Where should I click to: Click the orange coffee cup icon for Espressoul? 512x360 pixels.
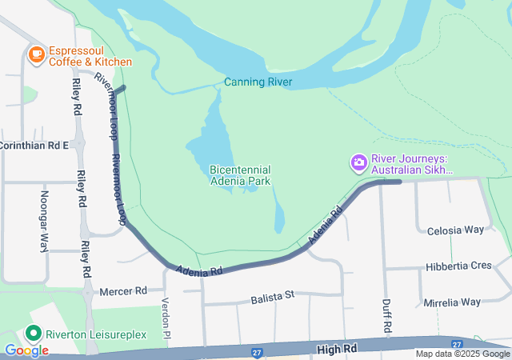(36, 54)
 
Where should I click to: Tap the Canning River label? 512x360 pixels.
(258, 82)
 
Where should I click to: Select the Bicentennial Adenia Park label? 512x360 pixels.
(240, 175)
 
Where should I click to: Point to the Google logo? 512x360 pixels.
(26, 350)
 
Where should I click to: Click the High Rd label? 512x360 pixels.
(335, 349)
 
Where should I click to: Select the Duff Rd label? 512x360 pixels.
(386, 316)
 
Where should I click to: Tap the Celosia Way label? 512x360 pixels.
(456, 230)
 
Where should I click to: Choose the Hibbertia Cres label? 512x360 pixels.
(458, 266)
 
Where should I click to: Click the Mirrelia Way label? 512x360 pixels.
(453, 302)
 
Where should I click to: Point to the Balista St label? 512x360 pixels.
(272, 296)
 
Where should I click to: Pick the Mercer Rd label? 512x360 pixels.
(124, 291)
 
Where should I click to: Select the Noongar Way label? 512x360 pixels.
(44, 221)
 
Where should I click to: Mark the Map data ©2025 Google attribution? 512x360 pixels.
(462, 354)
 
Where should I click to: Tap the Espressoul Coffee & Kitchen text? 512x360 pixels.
(90, 55)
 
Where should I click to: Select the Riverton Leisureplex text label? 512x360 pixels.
(96, 334)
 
